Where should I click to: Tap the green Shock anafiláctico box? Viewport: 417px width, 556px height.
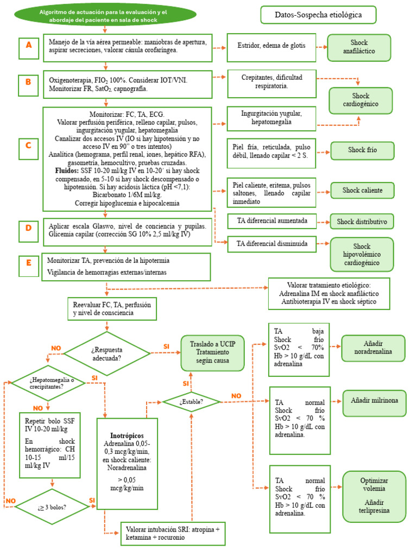(x=359, y=47)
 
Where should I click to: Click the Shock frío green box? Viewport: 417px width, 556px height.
(x=363, y=150)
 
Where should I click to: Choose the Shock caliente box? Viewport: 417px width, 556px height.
(x=362, y=190)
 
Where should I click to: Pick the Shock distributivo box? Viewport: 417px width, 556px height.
(x=362, y=221)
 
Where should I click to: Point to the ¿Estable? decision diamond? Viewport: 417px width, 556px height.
(x=191, y=402)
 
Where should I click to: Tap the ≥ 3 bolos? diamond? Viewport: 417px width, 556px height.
(x=52, y=507)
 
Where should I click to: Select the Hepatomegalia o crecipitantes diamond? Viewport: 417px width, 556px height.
(x=48, y=383)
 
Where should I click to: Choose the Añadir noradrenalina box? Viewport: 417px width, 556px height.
(x=373, y=348)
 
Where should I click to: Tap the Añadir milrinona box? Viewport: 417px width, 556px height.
(x=374, y=400)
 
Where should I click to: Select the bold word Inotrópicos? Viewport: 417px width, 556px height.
(x=127, y=435)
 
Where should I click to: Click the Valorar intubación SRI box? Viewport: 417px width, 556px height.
(x=173, y=533)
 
